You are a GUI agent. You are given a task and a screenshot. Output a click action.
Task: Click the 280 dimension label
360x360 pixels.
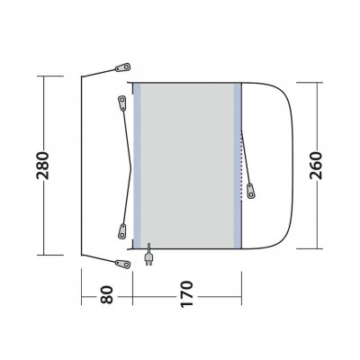point(42,166)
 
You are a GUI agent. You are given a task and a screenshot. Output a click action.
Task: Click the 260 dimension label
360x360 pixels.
point(316,166)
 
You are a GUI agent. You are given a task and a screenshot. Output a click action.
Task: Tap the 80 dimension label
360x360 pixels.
point(107,295)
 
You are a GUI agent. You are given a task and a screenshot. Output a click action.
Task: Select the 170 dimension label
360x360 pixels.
point(186,294)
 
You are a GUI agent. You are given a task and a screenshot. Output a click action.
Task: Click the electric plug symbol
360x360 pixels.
point(148,255)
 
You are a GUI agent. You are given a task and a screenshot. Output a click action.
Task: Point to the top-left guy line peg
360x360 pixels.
point(123,67)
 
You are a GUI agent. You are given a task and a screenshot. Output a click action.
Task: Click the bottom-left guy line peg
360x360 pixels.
point(123,264)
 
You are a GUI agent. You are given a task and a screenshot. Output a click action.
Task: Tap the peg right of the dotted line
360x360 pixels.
point(251,191)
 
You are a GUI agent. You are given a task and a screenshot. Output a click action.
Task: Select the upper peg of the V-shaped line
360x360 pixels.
point(122,103)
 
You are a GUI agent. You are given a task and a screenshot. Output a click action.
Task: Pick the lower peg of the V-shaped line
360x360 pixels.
point(122,231)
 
